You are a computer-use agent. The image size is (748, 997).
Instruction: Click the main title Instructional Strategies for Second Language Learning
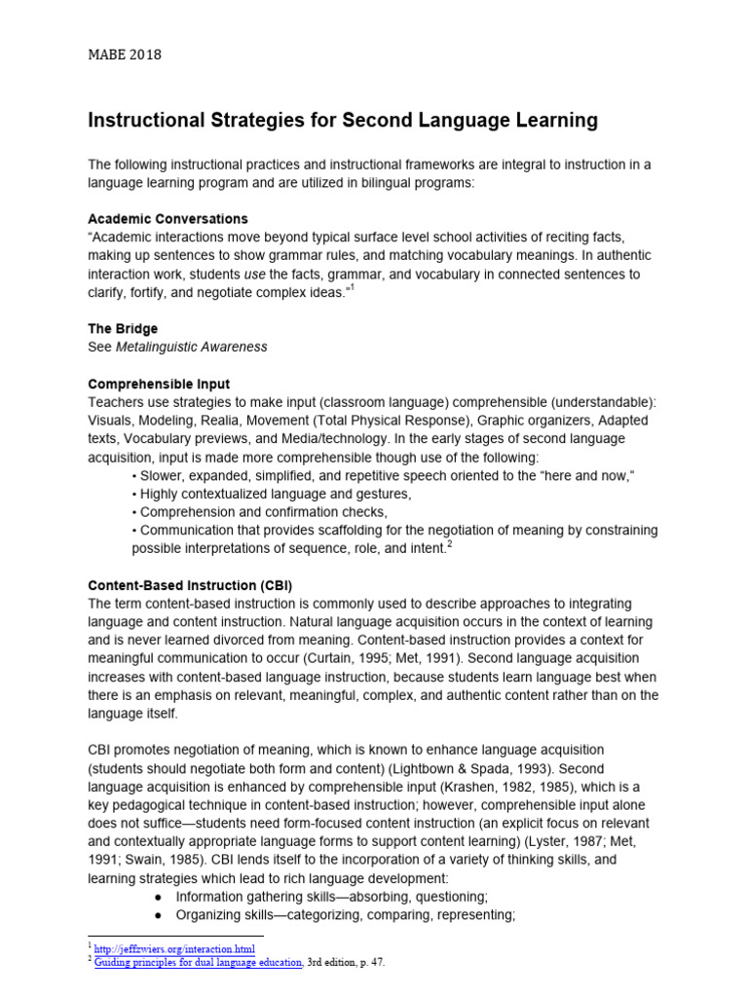coord(343,122)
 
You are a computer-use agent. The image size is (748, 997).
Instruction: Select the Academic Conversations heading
coord(168,218)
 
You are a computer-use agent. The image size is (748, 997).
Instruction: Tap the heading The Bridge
coord(123,329)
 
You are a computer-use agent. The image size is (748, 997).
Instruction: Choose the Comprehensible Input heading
coord(159,384)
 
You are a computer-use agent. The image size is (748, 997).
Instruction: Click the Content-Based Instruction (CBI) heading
coord(190,585)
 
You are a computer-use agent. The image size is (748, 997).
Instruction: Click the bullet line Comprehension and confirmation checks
coord(263,512)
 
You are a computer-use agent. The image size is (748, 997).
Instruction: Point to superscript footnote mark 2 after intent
coord(448,545)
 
